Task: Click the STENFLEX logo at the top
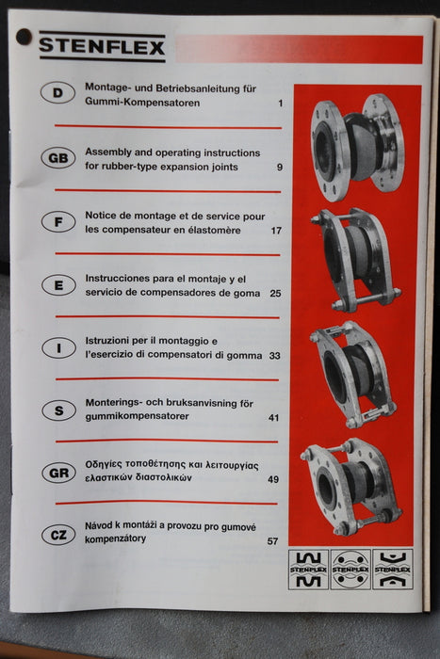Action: [102, 46]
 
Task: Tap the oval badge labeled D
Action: [58, 92]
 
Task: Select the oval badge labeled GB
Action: [58, 157]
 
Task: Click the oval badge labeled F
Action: [58, 222]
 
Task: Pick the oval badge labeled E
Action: [58, 285]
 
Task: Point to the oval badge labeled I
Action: [58, 347]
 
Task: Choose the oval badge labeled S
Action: [58, 410]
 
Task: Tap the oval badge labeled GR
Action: [58, 473]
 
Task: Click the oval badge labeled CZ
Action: [58, 535]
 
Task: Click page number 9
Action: [280, 168]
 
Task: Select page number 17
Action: [276, 231]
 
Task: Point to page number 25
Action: [275, 294]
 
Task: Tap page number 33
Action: [275, 356]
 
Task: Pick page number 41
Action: [274, 417]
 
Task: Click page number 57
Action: [273, 541]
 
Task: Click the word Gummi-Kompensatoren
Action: [141, 103]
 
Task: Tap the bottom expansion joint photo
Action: [350, 485]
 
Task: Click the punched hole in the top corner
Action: [24, 36]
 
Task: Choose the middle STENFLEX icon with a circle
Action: [350, 569]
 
